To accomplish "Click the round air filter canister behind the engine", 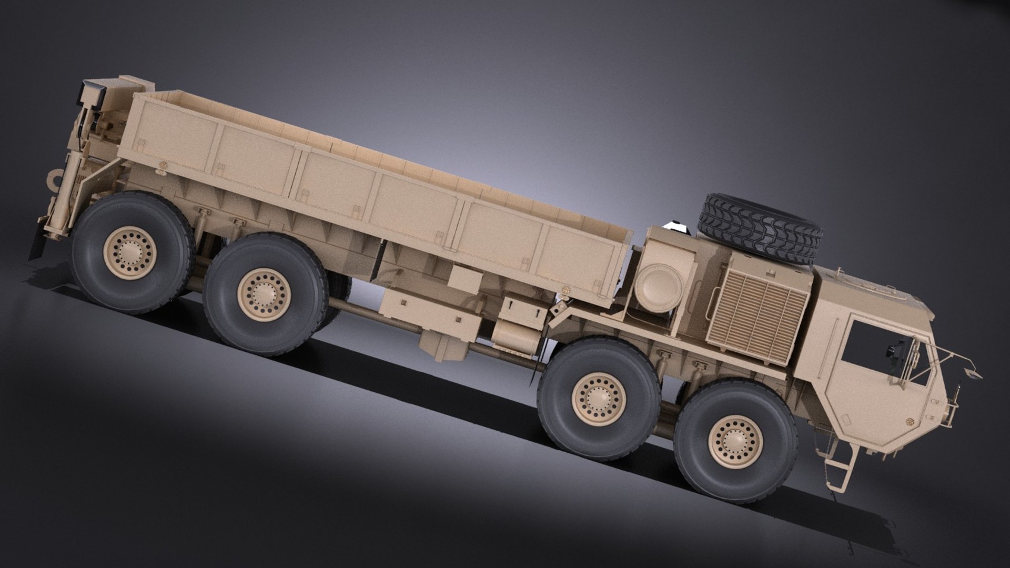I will (658, 286).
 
